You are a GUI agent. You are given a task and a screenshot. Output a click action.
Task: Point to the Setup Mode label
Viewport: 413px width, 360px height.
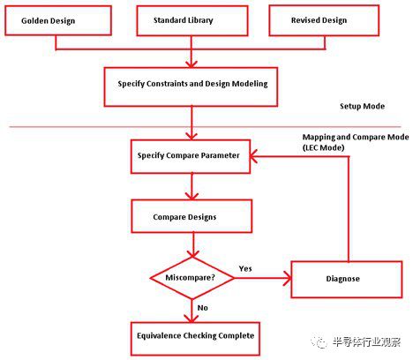pos(362,106)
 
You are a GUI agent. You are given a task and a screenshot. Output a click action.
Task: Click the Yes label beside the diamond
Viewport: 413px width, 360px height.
pos(245,268)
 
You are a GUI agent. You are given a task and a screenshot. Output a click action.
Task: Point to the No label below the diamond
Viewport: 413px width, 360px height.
pos(203,308)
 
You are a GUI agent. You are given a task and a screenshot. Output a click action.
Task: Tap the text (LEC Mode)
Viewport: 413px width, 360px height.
pos(323,147)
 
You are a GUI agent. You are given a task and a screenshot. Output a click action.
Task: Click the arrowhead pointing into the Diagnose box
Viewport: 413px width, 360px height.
pos(287,278)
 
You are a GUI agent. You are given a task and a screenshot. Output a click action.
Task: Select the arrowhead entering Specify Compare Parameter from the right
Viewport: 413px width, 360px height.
pos(253,156)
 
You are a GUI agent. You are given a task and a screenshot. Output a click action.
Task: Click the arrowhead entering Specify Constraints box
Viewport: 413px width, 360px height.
pos(191,64)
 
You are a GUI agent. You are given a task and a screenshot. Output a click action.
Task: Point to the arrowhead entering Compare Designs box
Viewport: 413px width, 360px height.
pos(192,196)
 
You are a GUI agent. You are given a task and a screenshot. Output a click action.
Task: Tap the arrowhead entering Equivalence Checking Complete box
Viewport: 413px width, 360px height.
pos(191,319)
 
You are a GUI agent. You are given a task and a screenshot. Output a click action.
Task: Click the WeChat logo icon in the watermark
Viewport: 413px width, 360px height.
pos(319,342)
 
